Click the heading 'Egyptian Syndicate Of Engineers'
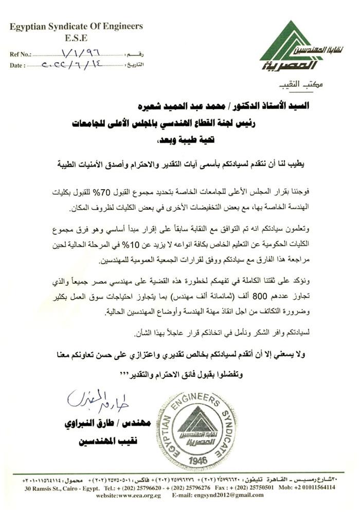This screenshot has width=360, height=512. click(x=76, y=26)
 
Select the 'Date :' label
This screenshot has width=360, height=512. click(x=17, y=65)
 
